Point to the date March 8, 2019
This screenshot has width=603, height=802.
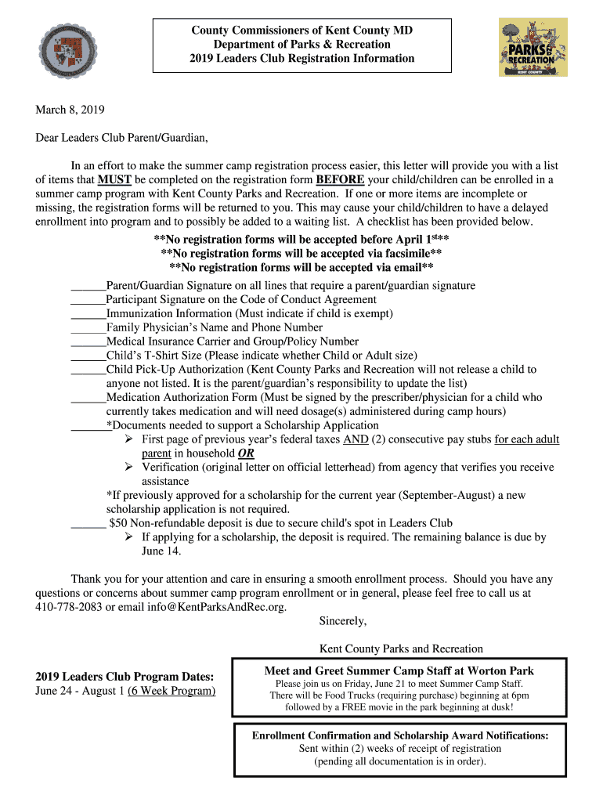pyautogui.click(x=70, y=110)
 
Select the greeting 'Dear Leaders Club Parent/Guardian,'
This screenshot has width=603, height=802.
pyautogui.click(x=122, y=139)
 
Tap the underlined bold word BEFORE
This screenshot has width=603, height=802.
pyautogui.click(x=340, y=179)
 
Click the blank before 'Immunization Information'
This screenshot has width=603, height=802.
pyautogui.click(x=88, y=314)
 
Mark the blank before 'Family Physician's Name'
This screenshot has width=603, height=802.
pyautogui.click(x=88, y=328)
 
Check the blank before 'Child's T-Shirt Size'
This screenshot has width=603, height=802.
pyautogui.click(x=88, y=356)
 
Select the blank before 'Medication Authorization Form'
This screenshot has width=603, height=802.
pyautogui.click(x=88, y=398)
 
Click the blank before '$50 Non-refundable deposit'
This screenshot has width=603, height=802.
pyautogui.click(x=88, y=523)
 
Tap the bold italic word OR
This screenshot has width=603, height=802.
pyautogui.click(x=246, y=453)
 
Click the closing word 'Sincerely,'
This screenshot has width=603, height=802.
pyautogui.click(x=343, y=621)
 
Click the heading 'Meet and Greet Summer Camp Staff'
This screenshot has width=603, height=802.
pyautogui.click(x=399, y=670)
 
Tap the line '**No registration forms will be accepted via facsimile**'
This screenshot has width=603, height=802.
pyautogui.click(x=301, y=254)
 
